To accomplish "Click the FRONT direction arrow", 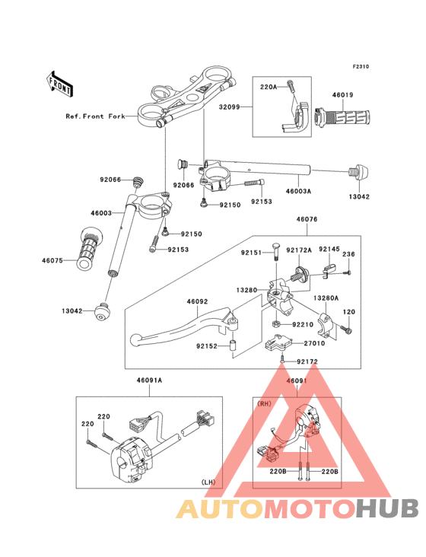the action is click(x=59, y=84).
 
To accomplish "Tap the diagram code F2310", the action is click(x=361, y=66).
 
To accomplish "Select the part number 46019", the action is click(x=342, y=95).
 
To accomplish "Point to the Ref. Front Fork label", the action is click(x=96, y=116).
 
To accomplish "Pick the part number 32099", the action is click(x=229, y=107).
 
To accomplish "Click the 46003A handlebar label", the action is click(x=298, y=191).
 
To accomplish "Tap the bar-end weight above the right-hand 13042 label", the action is click(x=358, y=172).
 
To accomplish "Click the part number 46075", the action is click(x=52, y=260).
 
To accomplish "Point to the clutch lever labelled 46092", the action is click(x=184, y=327).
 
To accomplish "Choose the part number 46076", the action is click(x=307, y=219).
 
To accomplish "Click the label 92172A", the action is click(x=299, y=250).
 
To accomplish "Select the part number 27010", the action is click(x=314, y=343).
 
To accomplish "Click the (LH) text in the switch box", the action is click(x=208, y=482).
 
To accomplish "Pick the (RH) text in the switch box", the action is click(x=264, y=404).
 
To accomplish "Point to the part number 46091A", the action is click(x=149, y=380).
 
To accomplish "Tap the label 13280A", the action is click(x=326, y=298).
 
